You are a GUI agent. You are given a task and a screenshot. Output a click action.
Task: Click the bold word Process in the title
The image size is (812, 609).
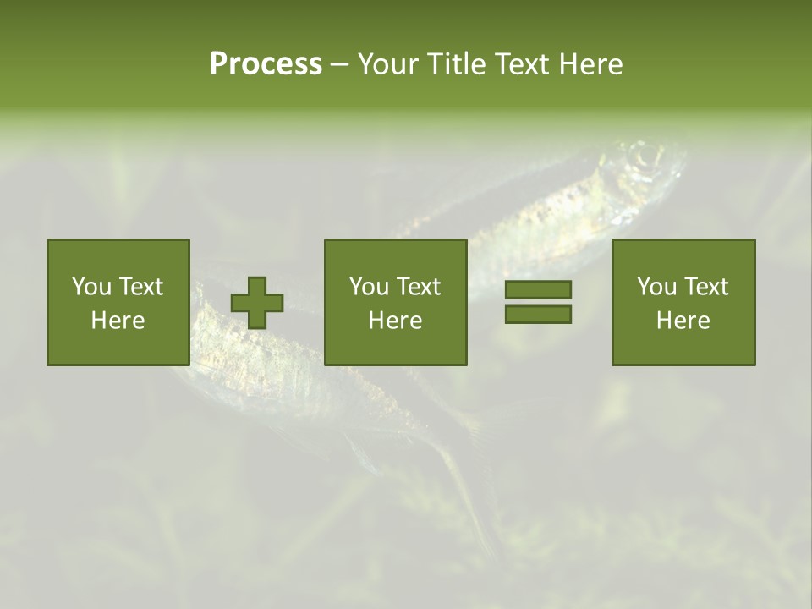pyautogui.click(x=266, y=64)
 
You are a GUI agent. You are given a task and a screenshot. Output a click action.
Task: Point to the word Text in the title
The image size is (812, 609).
pyautogui.click(x=524, y=64)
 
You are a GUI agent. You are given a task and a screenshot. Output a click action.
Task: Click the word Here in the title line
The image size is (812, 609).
pyautogui.click(x=592, y=64)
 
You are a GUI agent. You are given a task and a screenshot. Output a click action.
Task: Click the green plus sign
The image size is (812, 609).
pyautogui.click(x=257, y=303)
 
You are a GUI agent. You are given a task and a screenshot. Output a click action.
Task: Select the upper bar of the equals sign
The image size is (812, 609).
pyautogui.click(x=538, y=289)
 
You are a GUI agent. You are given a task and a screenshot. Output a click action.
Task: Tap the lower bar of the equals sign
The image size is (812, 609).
pyautogui.click(x=538, y=314)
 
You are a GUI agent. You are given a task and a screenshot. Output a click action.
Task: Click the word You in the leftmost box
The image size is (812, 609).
pyautogui.click(x=91, y=287)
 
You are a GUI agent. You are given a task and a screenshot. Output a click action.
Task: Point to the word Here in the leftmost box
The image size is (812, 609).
pyautogui.click(x=118, y=321)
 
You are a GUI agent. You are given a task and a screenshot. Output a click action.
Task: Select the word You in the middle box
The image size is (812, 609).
pyautogui.click(x=369, y=287)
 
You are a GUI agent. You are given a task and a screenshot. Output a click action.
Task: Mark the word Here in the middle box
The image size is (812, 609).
pyautogui.click(x=395, y=321)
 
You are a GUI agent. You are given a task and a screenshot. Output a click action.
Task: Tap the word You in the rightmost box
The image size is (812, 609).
pyautogui.click(x=656, y=287)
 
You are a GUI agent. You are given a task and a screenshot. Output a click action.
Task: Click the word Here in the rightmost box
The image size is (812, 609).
pyautogui.click(x=683, y=321)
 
